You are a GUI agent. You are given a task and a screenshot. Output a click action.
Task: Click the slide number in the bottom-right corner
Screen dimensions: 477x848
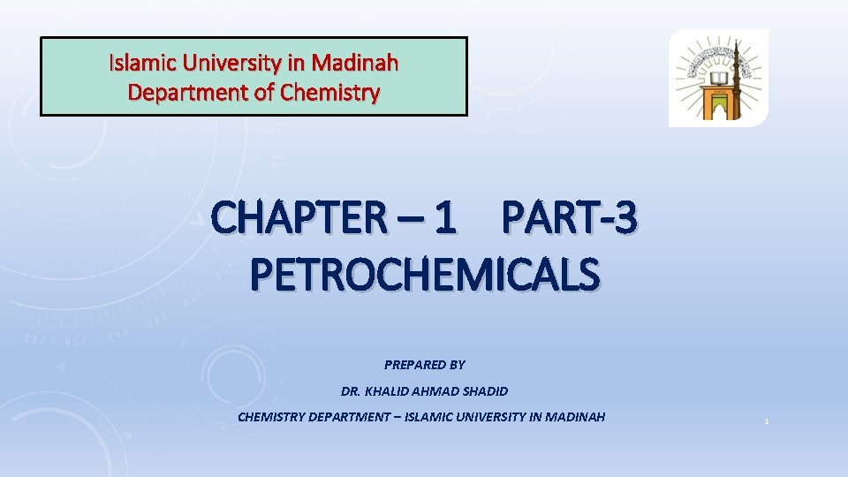coord(767,421)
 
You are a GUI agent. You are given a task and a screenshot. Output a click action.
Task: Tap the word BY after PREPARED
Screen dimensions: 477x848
coord(457,364)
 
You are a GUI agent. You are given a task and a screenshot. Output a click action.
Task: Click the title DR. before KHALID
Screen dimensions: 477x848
coord(351,390)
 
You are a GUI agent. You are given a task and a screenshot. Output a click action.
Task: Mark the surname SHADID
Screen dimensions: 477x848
coord(486,390)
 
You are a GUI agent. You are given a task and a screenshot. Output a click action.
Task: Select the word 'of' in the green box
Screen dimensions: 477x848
coord(264,91)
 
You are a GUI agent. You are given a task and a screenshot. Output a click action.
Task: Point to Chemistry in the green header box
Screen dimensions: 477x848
coord(329,91)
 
